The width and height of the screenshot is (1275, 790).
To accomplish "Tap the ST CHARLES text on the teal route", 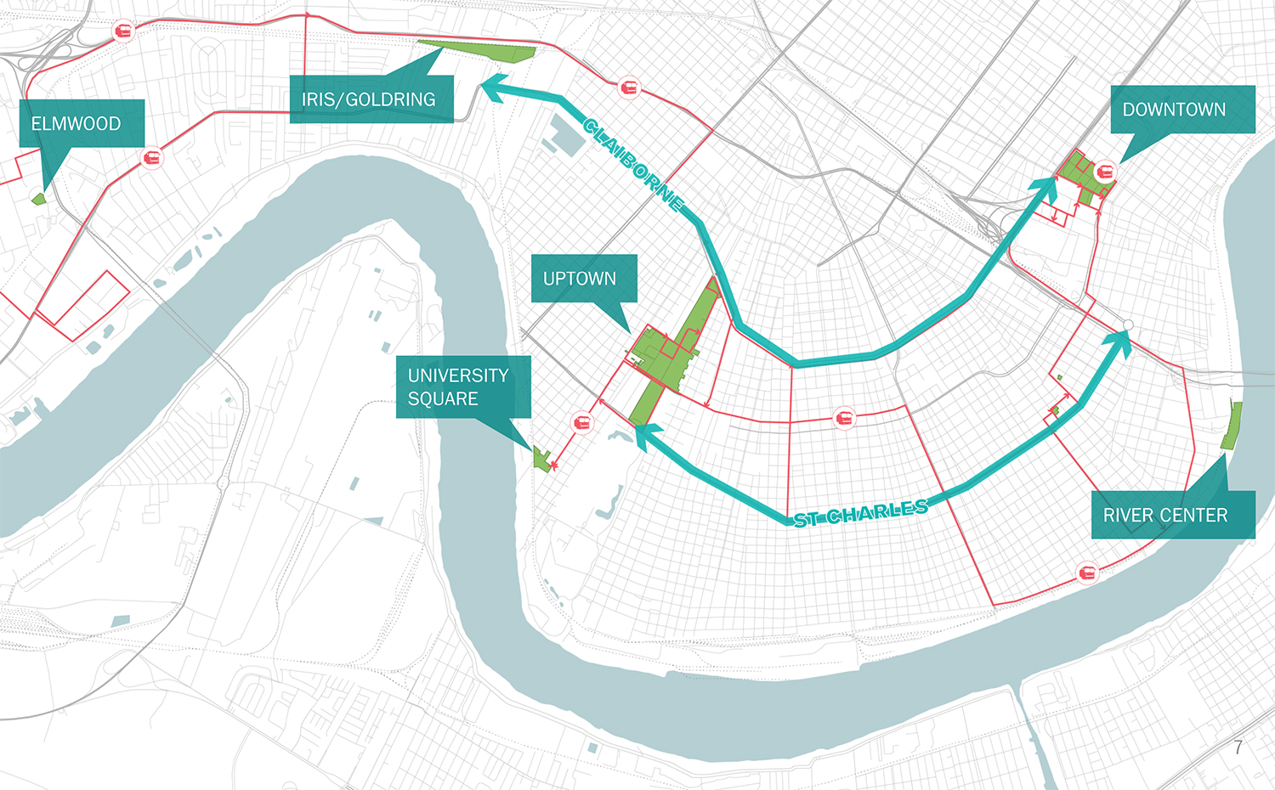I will coord(860,514).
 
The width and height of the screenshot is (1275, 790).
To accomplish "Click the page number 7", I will coord(1238,748).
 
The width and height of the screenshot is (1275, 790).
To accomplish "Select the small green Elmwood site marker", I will coord(38,199).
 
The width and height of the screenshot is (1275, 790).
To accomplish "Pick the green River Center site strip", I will coord(1231,426).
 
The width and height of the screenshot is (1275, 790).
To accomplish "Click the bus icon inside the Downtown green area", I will coord(1105,172).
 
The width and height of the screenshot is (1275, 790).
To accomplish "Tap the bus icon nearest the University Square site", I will coord(582,422).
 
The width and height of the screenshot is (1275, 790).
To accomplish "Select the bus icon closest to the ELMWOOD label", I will coord(152,159).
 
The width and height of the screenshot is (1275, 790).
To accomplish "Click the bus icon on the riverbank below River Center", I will coord(1086,573).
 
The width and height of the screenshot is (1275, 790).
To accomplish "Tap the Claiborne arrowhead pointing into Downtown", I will coord(1045,189).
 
